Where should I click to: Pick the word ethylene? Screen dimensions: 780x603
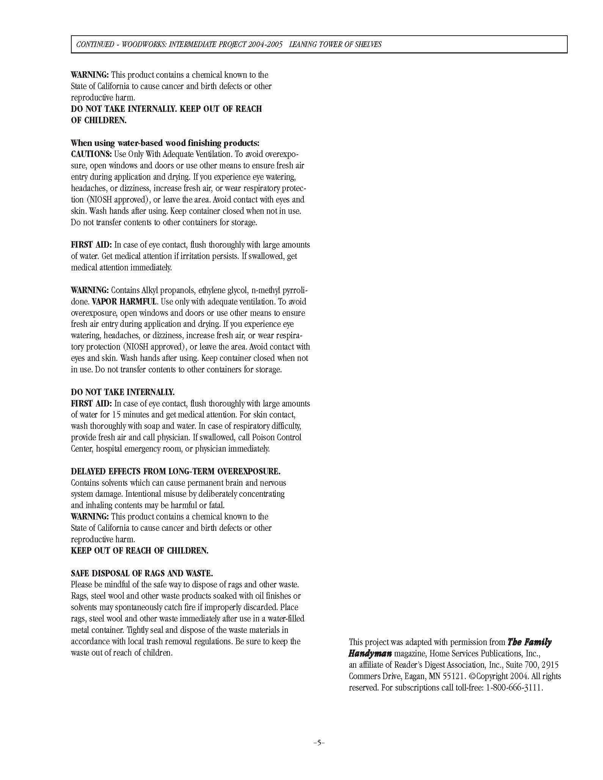pyautogui.click(x=209, y=290)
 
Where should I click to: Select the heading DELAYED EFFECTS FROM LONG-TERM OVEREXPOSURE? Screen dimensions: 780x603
pyautogui.click(x=176, y=471)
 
